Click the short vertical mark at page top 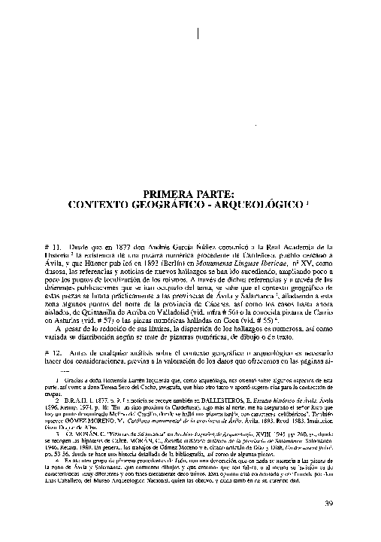coord(198,33)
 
